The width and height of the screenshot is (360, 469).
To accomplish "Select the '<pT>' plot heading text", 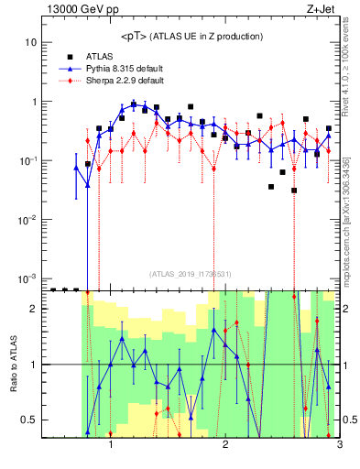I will click(x=191, y=36).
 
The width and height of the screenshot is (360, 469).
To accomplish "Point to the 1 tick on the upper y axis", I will click(x=34, y=102).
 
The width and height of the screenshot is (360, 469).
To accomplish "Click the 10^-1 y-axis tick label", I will click(x=28, y=160).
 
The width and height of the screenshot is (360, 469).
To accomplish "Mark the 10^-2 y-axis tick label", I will click(x=28, y=219).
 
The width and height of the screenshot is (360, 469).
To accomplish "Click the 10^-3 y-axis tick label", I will click(x=28, y=278).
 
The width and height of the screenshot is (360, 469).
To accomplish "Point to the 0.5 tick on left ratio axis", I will click(x=27, y=420).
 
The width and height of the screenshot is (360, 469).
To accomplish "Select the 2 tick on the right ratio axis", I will click(x=347, y=309).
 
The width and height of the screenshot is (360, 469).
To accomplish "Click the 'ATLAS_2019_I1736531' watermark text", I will click(x=190, y=273).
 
